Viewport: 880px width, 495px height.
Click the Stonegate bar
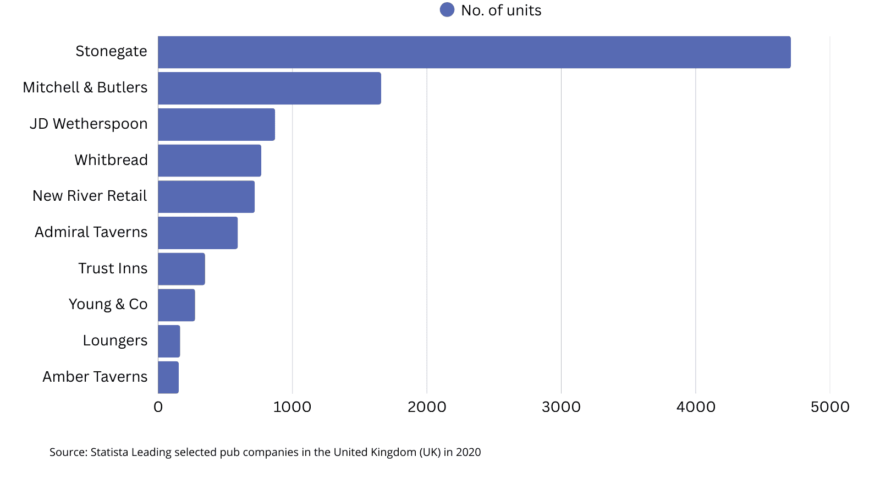[474, 52]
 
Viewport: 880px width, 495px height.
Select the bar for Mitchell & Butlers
[269, 88]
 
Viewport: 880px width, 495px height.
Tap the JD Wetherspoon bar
[216, 124]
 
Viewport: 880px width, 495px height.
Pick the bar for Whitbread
[210, 161]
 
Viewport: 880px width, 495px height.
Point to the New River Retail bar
[206, 196]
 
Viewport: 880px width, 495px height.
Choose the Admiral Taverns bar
[198, 233]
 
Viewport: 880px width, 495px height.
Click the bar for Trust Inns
[182, 269]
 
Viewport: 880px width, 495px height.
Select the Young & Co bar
[177, 305]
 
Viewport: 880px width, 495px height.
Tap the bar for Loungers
[169, 341]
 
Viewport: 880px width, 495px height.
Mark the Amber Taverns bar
[168, 377]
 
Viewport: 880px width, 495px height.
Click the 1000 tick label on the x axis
[292, 407]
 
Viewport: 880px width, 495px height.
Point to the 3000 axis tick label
[561, 407]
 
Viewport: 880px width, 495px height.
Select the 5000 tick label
[830, 407]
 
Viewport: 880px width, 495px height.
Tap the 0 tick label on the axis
[158, 407]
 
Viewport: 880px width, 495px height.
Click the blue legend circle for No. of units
[447, 10]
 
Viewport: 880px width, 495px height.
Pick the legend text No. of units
[501, 10]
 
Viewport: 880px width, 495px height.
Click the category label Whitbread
[111, 160]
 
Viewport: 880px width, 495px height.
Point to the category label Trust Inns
[113, 268]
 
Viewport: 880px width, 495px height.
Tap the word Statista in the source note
[109, 452]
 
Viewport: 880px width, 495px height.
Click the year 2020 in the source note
[469, 452]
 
